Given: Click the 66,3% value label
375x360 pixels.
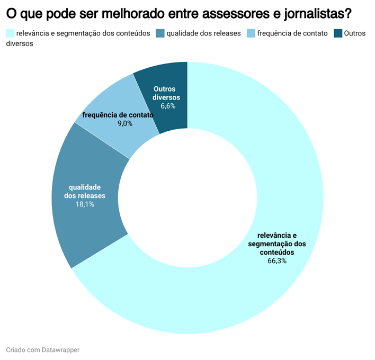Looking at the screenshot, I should [x=277, y=261].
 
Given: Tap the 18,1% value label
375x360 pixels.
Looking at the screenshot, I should [x=85, y=204].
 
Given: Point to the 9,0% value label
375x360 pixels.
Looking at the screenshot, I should [x=125, y=123].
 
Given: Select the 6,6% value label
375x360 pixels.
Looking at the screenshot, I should [x=168, y=106].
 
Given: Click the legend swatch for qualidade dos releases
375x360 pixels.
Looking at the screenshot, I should [x=159, y=33].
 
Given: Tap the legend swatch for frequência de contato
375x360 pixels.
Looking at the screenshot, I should [x=251, y=33].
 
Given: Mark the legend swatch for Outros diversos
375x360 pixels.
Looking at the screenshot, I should [x=337, y=33].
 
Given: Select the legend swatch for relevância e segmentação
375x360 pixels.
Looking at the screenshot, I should [x=10, y=33].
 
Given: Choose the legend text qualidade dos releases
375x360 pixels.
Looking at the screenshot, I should [x=203, y=33].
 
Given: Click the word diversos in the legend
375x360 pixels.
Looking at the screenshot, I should [x=20, y=44].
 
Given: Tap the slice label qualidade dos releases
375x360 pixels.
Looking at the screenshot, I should [x=85, y=191].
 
